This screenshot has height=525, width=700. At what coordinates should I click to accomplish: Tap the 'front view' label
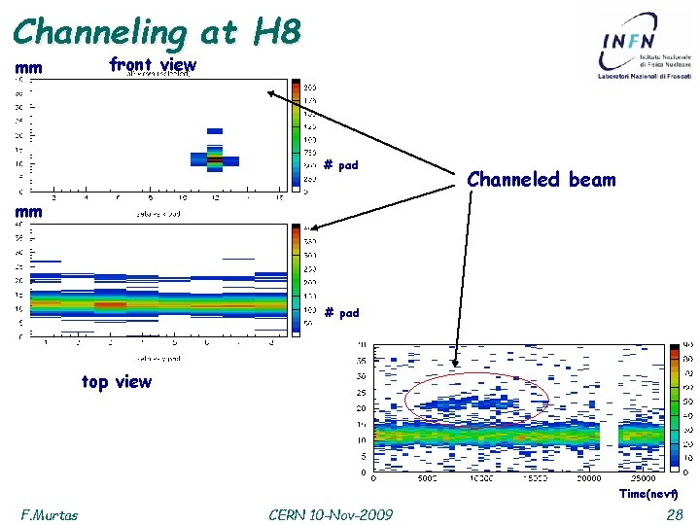tap(153, 65)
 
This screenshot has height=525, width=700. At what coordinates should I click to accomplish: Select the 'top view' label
tap(117, 382)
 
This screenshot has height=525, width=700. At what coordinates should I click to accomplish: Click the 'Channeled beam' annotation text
tap(542, 179)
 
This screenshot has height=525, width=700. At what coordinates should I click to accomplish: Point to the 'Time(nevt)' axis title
tap(647, 494)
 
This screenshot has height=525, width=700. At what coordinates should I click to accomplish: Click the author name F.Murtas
tap(50, 513)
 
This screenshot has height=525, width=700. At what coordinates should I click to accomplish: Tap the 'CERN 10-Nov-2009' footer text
tap(331, 513)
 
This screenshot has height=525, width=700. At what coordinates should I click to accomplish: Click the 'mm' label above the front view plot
tap(28, 69)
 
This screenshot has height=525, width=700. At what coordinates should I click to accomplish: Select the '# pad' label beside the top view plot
tap(341, 312)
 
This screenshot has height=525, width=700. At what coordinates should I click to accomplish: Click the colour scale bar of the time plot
tap(675, 408)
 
